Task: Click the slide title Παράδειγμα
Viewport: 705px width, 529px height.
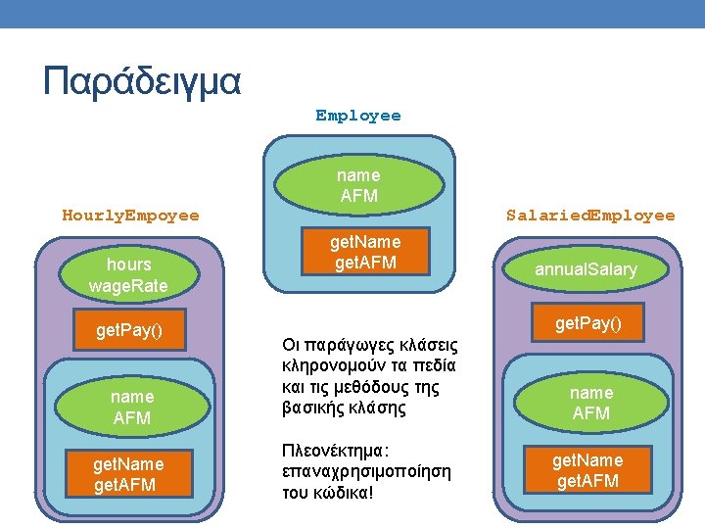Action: [142, 79]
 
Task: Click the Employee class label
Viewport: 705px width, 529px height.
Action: [357, 116]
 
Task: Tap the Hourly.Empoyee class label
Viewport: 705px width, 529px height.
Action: [130, 215]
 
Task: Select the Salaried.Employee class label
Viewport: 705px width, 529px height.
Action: [590, 215]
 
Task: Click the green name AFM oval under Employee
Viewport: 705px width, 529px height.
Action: [358, 185]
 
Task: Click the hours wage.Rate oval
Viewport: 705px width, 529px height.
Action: [128, 275]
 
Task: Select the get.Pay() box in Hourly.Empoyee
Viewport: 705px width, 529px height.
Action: [128, 331]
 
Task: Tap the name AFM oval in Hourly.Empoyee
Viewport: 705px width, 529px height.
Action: [131, 407]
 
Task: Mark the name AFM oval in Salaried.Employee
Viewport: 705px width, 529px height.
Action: [590, 403]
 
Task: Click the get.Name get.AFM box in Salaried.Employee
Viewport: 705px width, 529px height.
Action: [587, 470]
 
